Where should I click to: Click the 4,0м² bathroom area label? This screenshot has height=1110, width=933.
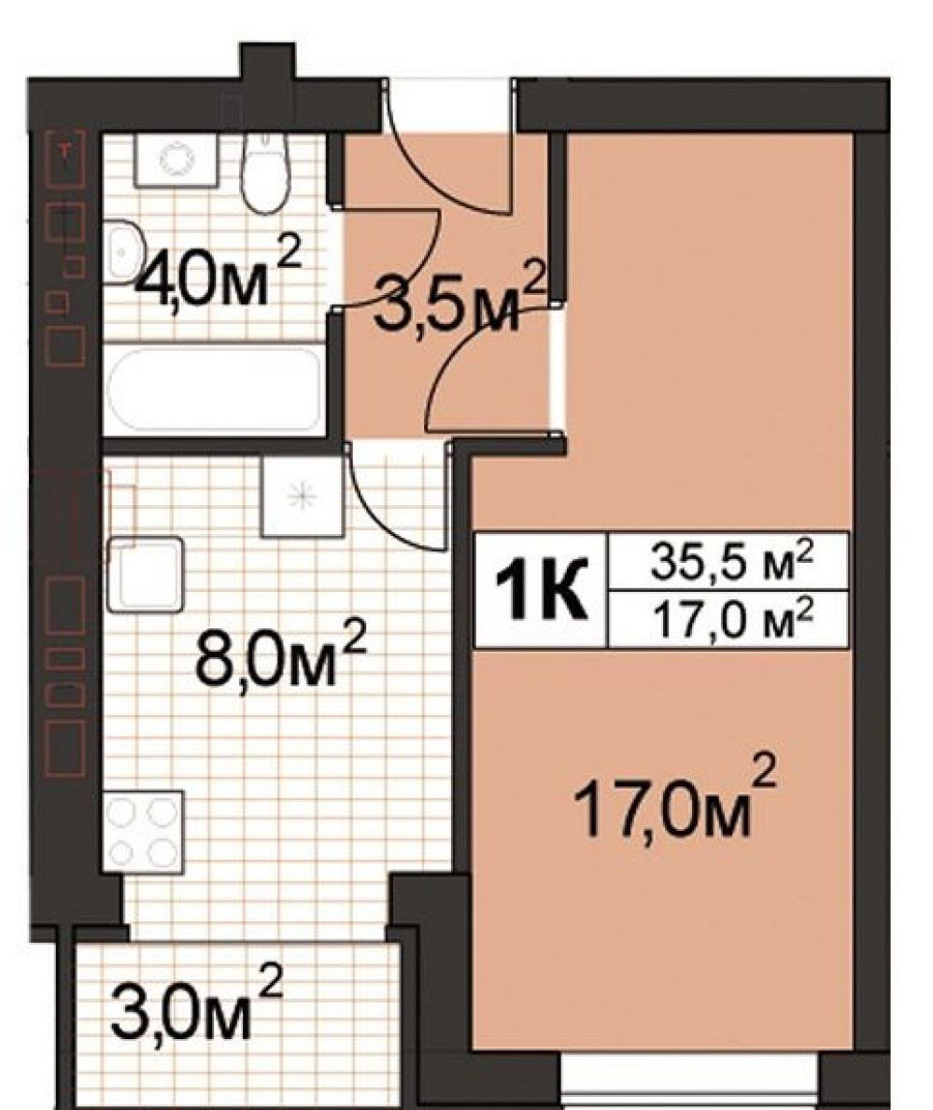click(219, 272)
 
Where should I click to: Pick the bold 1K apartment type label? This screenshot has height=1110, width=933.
click(542, 590)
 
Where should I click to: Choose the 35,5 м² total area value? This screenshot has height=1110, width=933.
click(729, 564)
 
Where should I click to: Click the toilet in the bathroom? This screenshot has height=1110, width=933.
click(265, 170)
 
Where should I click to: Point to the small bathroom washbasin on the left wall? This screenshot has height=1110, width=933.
click(124, 251)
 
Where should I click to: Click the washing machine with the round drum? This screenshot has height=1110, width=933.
click(176, 161)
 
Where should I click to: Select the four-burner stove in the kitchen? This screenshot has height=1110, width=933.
click(144, 831)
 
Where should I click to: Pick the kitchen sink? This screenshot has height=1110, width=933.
click(146, 574)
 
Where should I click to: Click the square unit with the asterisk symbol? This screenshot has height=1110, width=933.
click(303, 495)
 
